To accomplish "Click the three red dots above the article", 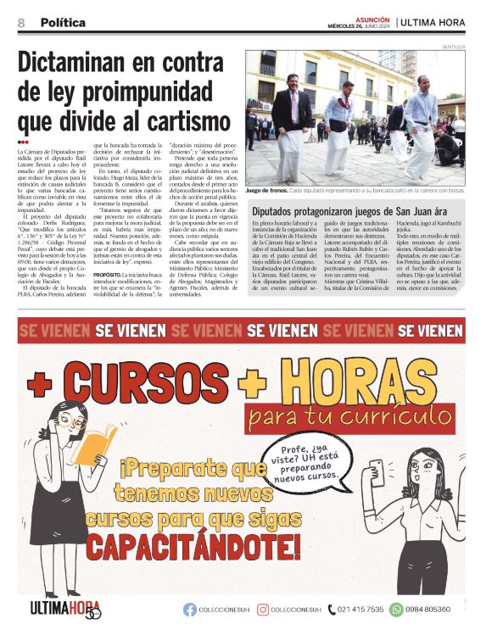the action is coord(23,141).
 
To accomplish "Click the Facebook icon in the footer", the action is coord(190,610).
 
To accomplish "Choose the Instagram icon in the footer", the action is coord(264,610).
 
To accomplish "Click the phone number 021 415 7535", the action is coord(360,610).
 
